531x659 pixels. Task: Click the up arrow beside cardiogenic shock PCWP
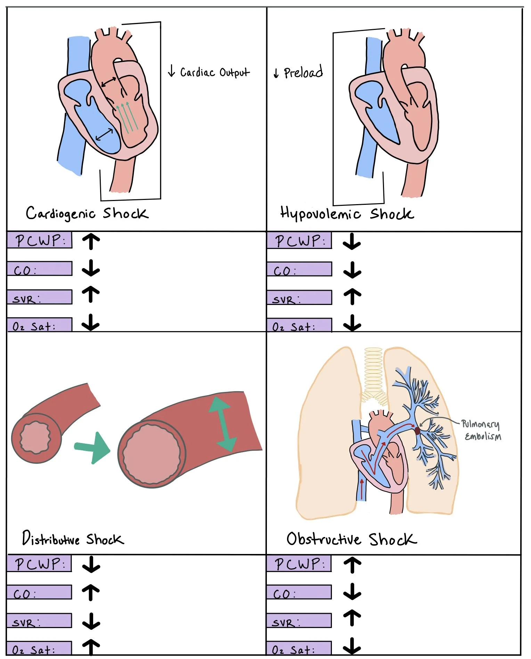[91, 241]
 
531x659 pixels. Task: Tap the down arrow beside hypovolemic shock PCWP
[352, 241]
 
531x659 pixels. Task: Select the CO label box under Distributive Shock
[39, 592]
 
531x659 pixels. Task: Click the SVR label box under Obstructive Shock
[299, 621]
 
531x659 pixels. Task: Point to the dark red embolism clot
[417, 431]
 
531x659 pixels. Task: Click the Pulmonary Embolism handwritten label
[482, 430]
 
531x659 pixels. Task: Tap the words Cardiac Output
[214, 72]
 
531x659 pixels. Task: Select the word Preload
[303, 72]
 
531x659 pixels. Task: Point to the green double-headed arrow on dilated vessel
[222, 424]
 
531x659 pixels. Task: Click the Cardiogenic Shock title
[87, 213]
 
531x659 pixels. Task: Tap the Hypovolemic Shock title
[347, 213]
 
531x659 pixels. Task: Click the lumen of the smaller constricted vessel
[35, 437]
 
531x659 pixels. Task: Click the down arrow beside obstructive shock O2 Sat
[352, 646]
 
